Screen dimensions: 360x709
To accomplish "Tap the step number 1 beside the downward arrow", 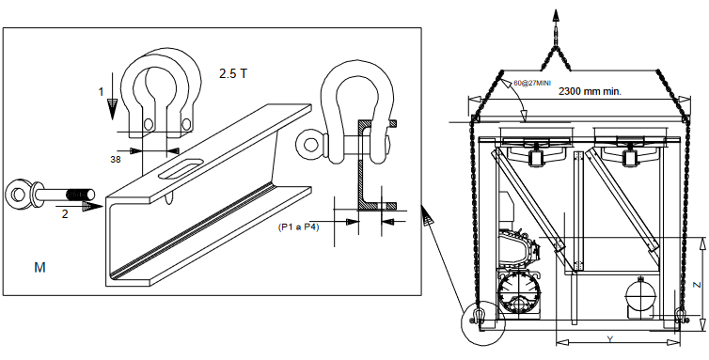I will [x=101, y=91].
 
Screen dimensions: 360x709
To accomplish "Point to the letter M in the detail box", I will [x=39, y=268].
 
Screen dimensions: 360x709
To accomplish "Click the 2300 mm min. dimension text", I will [x=591, y=92].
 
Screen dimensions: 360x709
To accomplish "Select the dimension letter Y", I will [x=609, y=338].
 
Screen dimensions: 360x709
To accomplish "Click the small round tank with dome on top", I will [x=642, y=295].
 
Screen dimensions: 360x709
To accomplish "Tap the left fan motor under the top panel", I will [x=537, y=157].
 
